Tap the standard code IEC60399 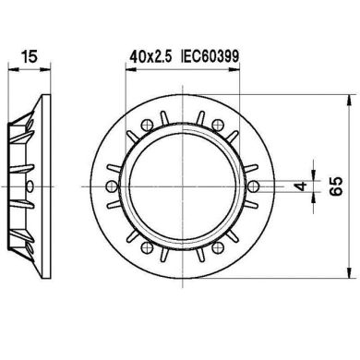pyautogui.click(x=210, y=57)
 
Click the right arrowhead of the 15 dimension pyautogui.click(x=44, y=68)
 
